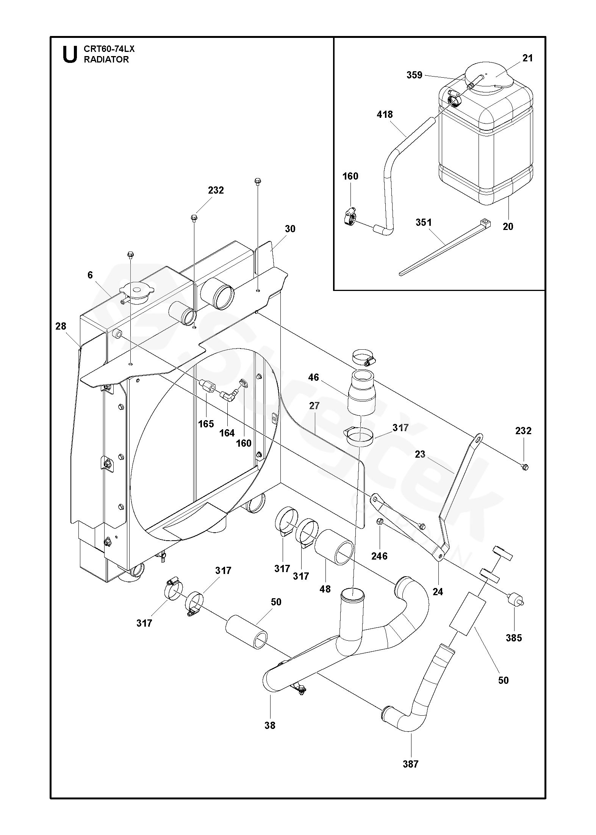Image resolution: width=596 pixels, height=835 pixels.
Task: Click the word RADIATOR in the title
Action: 106,59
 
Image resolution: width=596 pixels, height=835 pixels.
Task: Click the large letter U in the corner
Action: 70,54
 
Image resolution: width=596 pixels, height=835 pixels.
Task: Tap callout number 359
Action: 415,75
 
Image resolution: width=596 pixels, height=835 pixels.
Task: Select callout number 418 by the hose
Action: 385,114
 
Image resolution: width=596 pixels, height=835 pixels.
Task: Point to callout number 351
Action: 424,222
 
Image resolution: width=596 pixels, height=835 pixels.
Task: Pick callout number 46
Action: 314,377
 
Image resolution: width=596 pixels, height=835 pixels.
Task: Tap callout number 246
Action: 380,556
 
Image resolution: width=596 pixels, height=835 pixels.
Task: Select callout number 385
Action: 514,638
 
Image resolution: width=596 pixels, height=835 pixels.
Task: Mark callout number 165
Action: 206,424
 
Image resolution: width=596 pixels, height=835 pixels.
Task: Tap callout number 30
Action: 290,229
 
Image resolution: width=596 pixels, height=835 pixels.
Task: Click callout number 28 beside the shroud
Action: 61,326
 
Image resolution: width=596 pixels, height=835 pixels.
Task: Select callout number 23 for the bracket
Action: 420,454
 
